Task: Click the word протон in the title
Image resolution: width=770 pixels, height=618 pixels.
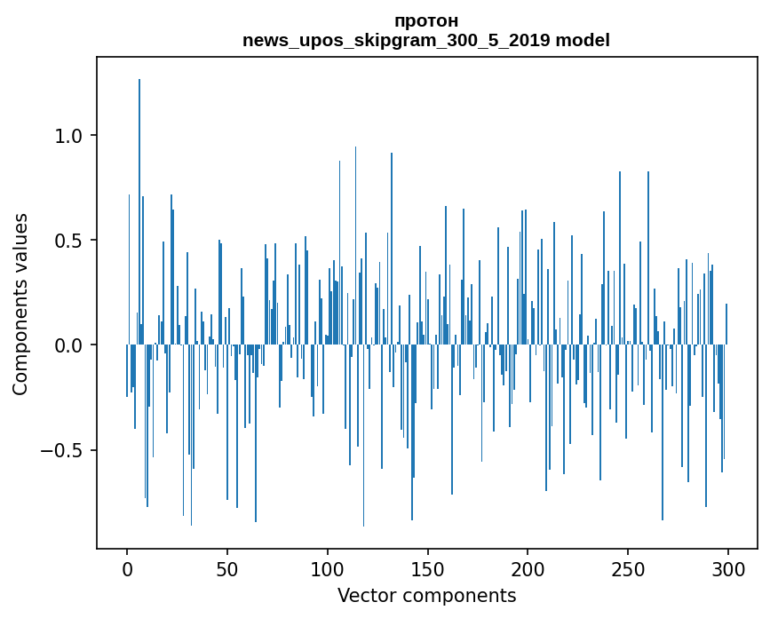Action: coord(426,21)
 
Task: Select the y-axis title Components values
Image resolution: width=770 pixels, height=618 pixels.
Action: coord(20,304)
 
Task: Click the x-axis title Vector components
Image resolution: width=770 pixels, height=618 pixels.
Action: coord(426,595)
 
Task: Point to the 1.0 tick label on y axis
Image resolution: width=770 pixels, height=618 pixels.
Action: coord(69,136)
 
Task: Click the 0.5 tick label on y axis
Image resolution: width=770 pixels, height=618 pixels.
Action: coord(69,241)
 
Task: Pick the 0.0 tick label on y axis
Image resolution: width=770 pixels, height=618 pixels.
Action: coord(69,345)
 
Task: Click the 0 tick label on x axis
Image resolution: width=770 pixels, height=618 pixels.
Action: coord(127,568)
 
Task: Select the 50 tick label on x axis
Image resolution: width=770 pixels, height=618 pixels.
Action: coord(227,568)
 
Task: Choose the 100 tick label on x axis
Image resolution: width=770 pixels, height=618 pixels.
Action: coord(328,568)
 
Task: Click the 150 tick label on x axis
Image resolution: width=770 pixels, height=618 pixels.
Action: coord(427,568)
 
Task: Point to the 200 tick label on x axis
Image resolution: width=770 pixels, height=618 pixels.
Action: coord(528,568)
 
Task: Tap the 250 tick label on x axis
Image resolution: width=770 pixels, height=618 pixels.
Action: coord(628,568)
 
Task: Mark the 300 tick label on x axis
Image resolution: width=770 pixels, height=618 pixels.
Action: coord(728,568)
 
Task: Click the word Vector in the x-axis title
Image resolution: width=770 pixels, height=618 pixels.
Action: coord(362,595)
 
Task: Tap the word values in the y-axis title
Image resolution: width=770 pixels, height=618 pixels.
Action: coord(20,239)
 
